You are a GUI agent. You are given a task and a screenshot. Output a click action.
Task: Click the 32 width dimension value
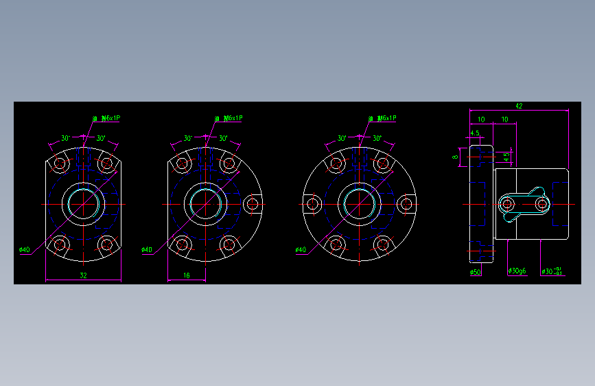click(83, 275)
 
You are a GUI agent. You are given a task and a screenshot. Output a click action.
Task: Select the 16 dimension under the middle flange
click(187, 275)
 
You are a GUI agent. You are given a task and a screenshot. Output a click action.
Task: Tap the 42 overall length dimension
click(519, 105)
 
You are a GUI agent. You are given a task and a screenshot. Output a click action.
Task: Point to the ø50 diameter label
click(475, 272)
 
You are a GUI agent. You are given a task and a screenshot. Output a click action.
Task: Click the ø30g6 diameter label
click(517, 271)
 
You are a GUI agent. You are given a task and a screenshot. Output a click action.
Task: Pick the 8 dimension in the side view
click(455, 156)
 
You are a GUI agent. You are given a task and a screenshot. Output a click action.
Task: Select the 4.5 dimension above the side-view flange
click(475, 133)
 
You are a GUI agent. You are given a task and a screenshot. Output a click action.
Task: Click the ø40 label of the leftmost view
click(24, 250)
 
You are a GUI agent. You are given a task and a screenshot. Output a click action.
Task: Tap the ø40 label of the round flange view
click(301, 250)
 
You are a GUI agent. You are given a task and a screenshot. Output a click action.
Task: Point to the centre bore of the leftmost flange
click(83, 203)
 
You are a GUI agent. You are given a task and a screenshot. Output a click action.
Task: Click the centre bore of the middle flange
click(205, 203)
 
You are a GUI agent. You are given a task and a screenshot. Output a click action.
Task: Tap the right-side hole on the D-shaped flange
click(252, 203)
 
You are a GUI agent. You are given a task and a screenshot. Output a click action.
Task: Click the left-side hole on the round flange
click(313, 203)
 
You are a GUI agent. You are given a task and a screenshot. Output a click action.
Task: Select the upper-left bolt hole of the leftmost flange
click(60, 164)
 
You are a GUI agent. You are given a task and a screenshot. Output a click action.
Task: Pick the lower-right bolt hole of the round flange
click(382, 243)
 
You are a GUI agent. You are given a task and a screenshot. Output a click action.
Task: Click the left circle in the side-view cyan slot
click(507, 204)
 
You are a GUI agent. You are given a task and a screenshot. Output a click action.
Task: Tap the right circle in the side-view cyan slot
click(543, 204)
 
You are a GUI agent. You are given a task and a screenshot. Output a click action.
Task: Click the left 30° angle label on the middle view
click(187, 138)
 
